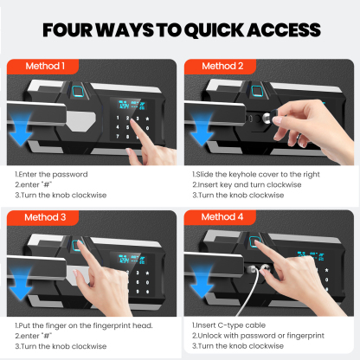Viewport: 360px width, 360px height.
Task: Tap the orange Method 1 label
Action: [42, 67]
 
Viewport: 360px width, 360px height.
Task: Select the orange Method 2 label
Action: [220, 67]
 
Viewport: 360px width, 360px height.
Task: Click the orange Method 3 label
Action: [42, 217]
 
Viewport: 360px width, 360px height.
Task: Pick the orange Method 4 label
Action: [220, 217]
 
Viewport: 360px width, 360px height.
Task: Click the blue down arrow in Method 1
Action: [20, 129]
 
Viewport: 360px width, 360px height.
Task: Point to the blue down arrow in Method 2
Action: [202, 129]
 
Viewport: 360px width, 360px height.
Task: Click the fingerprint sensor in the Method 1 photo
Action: [78, 92]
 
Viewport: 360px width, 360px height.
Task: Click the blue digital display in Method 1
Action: [132, 105]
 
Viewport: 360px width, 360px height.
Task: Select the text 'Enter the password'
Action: [53, 175]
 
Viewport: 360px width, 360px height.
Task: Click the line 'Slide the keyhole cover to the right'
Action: [258, 175]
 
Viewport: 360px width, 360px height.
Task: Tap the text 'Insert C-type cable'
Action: [230, 325]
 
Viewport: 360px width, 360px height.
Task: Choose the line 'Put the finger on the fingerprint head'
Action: [86, 325]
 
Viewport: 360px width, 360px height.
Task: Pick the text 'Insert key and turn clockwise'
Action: [249, 185]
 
